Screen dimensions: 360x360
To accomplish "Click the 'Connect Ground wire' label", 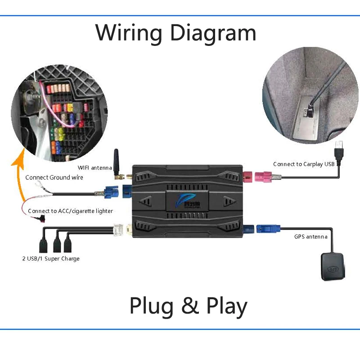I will (x=54, y=177).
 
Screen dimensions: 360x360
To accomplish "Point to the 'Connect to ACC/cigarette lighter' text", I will (x=70, y=211).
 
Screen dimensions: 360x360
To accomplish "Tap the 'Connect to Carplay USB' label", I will (x=304, y=164).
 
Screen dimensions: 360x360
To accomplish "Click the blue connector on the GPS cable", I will (x=267, y=229).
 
